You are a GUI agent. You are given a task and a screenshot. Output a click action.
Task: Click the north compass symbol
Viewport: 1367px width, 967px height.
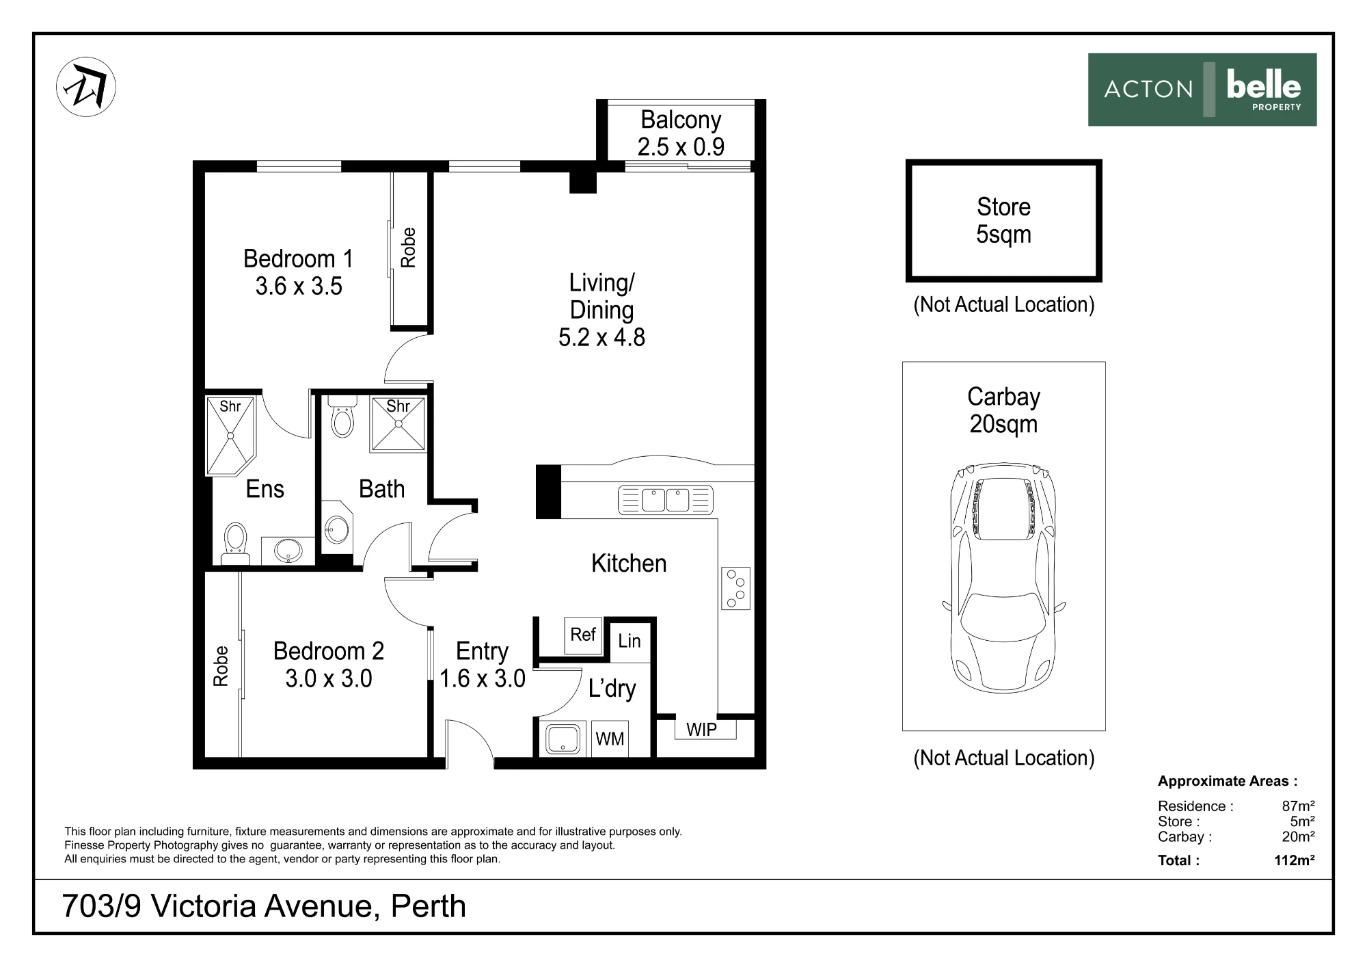(x=86, y=87)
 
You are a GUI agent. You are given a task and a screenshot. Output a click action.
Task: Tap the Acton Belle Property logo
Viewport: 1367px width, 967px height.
(x=1202, y=90)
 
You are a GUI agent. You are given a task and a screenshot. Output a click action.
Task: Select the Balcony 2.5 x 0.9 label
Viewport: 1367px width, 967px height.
(x=681, y=133)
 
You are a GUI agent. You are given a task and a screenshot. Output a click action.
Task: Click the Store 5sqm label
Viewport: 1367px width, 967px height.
(x=1003, y=220)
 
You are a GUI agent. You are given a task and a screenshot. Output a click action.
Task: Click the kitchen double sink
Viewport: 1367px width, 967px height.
(x=666, y=500)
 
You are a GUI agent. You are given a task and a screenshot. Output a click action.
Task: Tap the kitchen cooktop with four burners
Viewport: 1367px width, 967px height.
(x=735, y=588)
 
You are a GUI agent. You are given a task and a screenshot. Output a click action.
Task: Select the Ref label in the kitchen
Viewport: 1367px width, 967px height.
(x=583, y=635)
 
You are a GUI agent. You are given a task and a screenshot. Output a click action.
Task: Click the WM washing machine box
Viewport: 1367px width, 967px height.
(x=610, y=739)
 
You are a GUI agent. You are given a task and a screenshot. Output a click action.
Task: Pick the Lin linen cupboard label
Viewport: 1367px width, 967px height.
(x=630, y=641)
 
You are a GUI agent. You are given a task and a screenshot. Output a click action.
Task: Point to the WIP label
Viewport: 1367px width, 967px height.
(x=702, y=730)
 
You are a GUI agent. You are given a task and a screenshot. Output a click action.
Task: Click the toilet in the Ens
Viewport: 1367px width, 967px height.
(x=236, y=544)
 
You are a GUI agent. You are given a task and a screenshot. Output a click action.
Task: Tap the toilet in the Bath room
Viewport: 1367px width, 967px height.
(x=342, y=416)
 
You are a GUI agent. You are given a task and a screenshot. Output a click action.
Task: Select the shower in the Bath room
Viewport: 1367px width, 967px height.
(x=398, y=423)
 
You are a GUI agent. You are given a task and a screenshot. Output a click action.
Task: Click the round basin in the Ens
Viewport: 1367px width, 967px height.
(x=288, y=550)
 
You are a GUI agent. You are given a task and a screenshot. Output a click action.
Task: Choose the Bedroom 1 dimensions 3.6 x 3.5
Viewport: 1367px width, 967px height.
(x=299, y=286)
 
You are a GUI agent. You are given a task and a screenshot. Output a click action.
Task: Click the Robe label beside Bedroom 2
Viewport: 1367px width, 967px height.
(x=221, y=666)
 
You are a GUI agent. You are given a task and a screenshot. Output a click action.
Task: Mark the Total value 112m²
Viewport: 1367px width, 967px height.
(x=1295, y=860)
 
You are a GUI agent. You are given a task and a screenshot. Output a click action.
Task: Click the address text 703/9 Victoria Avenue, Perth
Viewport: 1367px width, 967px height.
(x=264, y=906)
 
